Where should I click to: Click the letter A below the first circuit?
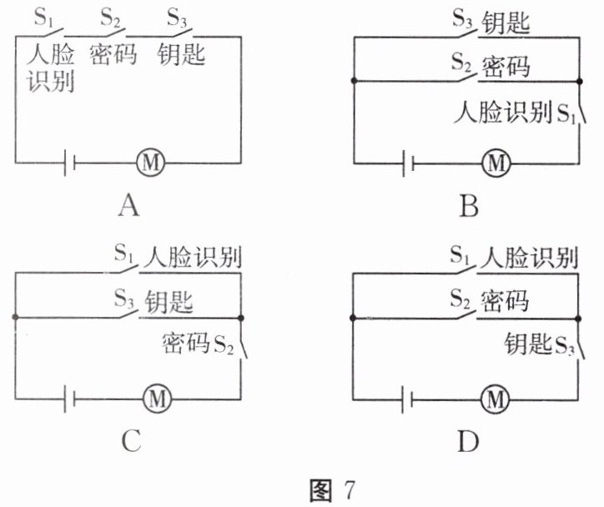coord(128,205)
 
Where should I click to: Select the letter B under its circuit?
coord(470,205)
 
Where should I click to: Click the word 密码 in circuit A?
coord(112,56)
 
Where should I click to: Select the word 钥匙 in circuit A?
coord(182,56)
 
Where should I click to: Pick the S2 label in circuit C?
coord(224,344)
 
